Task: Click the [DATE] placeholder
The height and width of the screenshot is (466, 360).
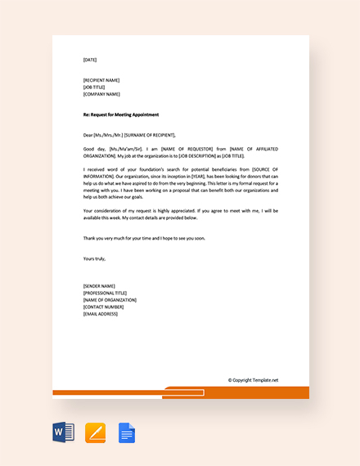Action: click(x=90, y=60)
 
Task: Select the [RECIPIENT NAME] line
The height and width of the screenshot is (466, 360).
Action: click(x=101, y=80)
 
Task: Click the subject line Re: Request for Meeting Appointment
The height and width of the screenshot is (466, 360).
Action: click(x=121, y=114)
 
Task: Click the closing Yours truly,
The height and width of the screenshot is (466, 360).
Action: click(x=95, y=258)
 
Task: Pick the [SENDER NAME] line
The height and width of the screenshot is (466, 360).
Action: click(x=98, y=286)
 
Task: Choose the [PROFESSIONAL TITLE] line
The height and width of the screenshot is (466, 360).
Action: click(x=105, y=293)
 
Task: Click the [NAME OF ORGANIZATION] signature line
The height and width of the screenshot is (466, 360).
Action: click(x=110, y=300)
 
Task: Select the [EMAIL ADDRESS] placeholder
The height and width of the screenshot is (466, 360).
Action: click(x=101, y=314)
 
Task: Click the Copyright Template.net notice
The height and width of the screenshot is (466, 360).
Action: click(x=253, y=379)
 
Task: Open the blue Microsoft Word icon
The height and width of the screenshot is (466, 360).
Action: click(x=64, y=432)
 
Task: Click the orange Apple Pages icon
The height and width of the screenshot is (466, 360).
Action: click(x=96, y=432)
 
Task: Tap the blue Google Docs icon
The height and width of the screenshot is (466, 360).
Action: click(x=127, y=432)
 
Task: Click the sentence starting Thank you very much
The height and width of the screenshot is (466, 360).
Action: click(x=144, y=238)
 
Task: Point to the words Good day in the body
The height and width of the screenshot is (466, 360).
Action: click(x=95, y=149)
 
